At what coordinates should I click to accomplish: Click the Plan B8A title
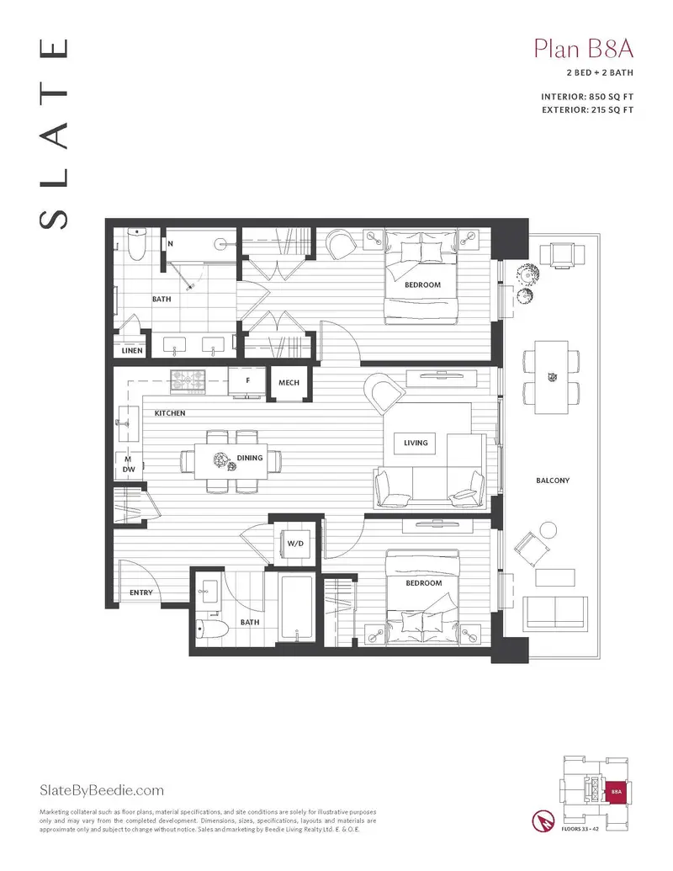[583, 48]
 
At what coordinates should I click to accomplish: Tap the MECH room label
[289, 383]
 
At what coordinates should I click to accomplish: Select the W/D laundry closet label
[295, 544]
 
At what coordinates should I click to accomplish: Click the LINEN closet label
[132, 351]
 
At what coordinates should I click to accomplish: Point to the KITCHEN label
[169, 413]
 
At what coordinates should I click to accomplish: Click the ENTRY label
[141, 593]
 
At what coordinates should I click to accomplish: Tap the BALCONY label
[553, 481]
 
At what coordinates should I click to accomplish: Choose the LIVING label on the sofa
[416, 443]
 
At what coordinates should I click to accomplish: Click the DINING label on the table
[250, 458]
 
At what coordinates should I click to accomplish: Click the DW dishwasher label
[129, 470]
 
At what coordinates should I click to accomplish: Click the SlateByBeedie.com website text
[102, 790]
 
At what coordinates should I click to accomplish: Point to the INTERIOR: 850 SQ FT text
[587, 97]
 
